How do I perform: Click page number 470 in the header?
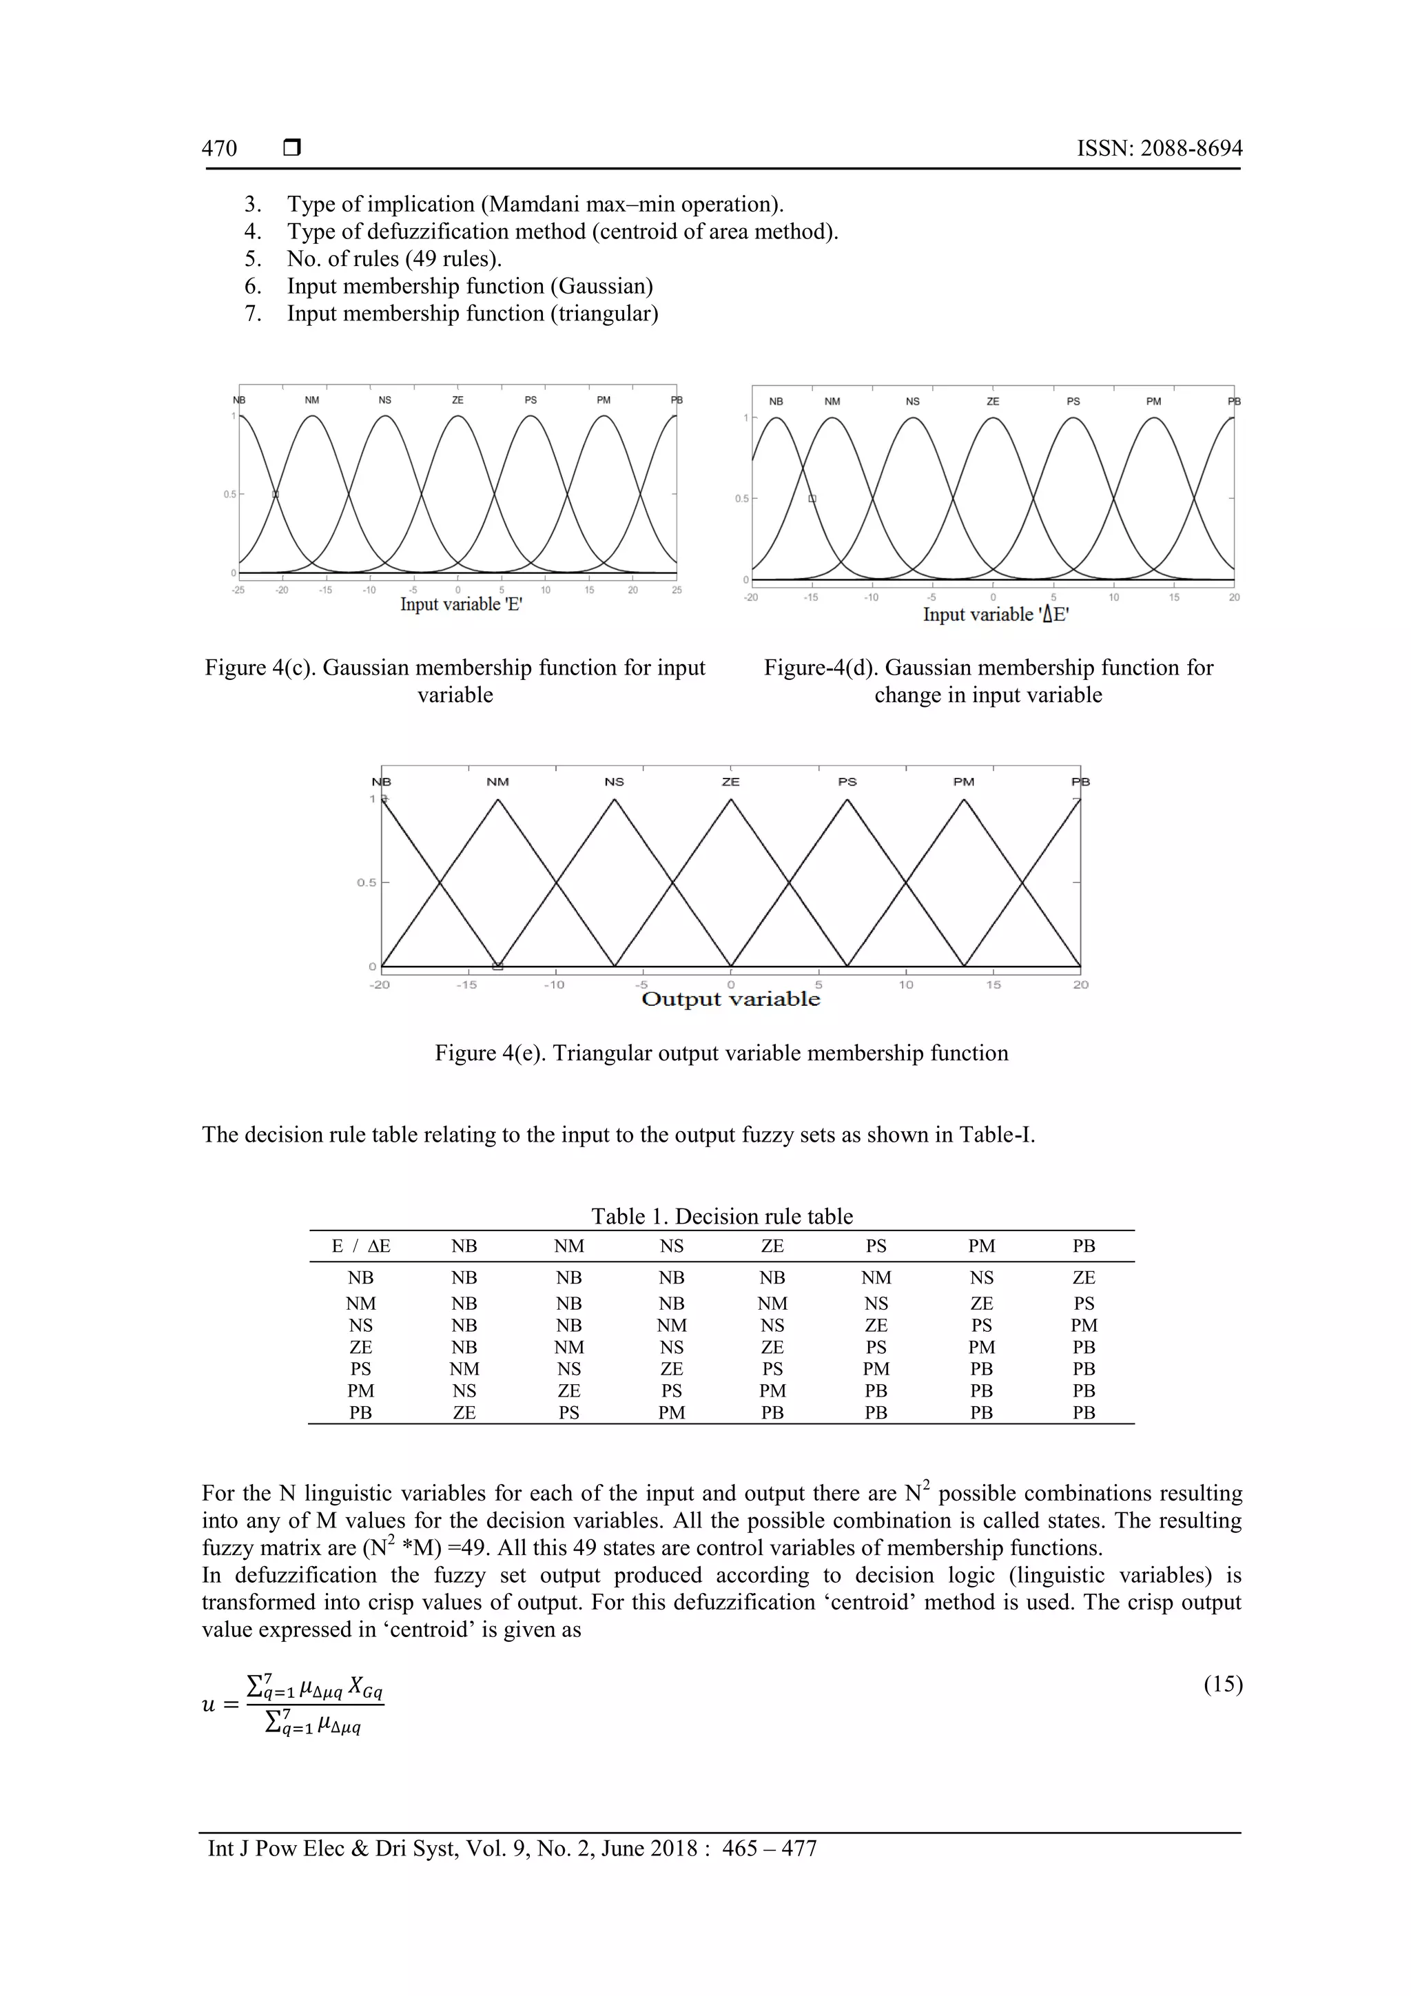click(x=219, y=149)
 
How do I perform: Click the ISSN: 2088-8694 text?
click(x=1159, y=149)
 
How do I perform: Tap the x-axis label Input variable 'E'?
click(x=461, y=604)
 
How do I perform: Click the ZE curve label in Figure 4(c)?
click(x=457, y=400)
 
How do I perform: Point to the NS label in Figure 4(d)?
click(x=912, y=402)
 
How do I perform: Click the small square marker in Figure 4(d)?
click(x=812, y=498)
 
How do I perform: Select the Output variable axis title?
click(x=730, y=999)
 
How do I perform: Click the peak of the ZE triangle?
click(x=730, y=800)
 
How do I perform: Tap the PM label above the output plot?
click(x=963, y=781)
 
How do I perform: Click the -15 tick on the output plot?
click(x=467, y=985)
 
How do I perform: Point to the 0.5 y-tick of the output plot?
click(x=366, y=883)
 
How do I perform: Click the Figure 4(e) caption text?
click(x=721, y=1053)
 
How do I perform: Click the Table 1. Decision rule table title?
click(x=721, y=1216)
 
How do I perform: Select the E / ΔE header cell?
click(x=361, y=1246)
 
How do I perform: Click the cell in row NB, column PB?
click(x=1083, y=1277)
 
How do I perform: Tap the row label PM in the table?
click(x=361, y=1390)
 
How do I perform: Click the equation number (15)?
click(x=1222, y=1684)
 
